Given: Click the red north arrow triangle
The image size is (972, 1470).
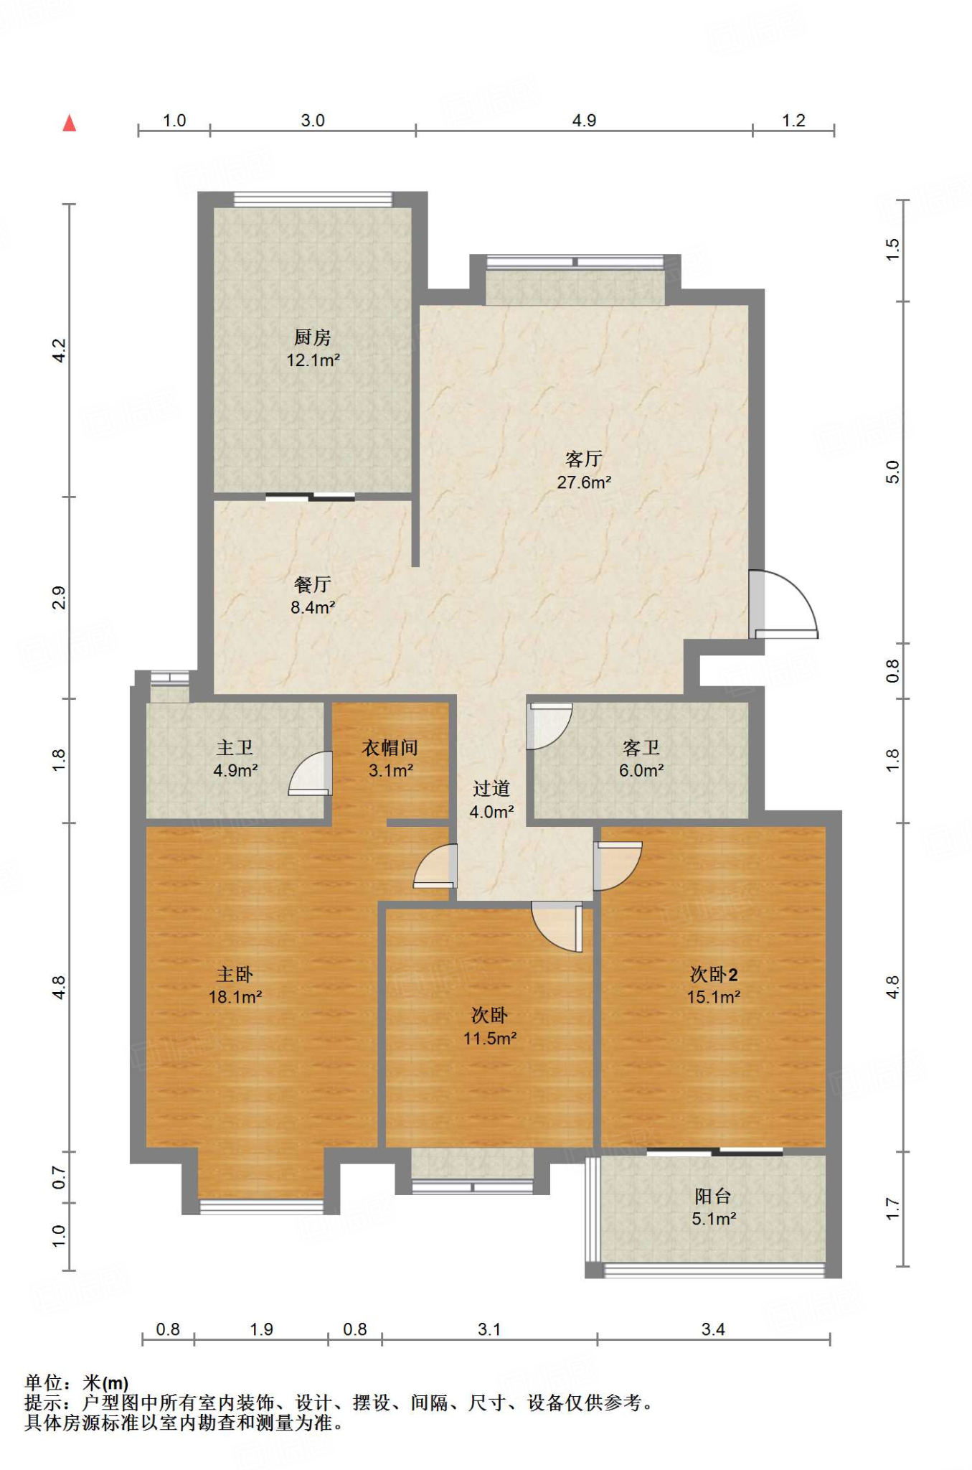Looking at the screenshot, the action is (70, 123).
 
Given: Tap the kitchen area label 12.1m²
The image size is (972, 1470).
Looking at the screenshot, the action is (313, 360).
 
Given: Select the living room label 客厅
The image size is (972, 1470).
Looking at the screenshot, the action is (584, 459).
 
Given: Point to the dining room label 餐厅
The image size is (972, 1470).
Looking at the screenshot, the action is (313, 584).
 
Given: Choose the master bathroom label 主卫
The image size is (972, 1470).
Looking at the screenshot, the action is (235, 747).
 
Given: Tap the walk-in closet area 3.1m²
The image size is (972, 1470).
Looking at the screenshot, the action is (391, 771).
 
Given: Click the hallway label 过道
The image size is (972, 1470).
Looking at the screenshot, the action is (491, 789).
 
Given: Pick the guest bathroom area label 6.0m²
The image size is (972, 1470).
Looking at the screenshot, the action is (641, 771).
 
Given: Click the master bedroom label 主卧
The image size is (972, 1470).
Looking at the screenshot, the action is (235, 974).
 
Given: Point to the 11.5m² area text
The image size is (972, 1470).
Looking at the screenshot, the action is (490, 1038).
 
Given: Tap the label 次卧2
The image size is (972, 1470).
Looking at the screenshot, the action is (714, 974).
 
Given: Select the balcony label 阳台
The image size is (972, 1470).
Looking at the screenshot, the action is (713, 1196).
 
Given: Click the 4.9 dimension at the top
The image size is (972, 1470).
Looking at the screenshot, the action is (584, 121).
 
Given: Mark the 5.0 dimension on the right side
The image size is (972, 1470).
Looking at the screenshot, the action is (892, 472).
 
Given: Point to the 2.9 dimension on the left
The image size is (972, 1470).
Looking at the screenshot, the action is (59, 597).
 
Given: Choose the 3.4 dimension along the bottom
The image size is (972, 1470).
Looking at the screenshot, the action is (713, 1329).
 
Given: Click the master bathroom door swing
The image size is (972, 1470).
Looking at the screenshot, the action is (311, 773).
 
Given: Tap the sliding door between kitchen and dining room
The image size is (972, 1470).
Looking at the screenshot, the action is (311, 497).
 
